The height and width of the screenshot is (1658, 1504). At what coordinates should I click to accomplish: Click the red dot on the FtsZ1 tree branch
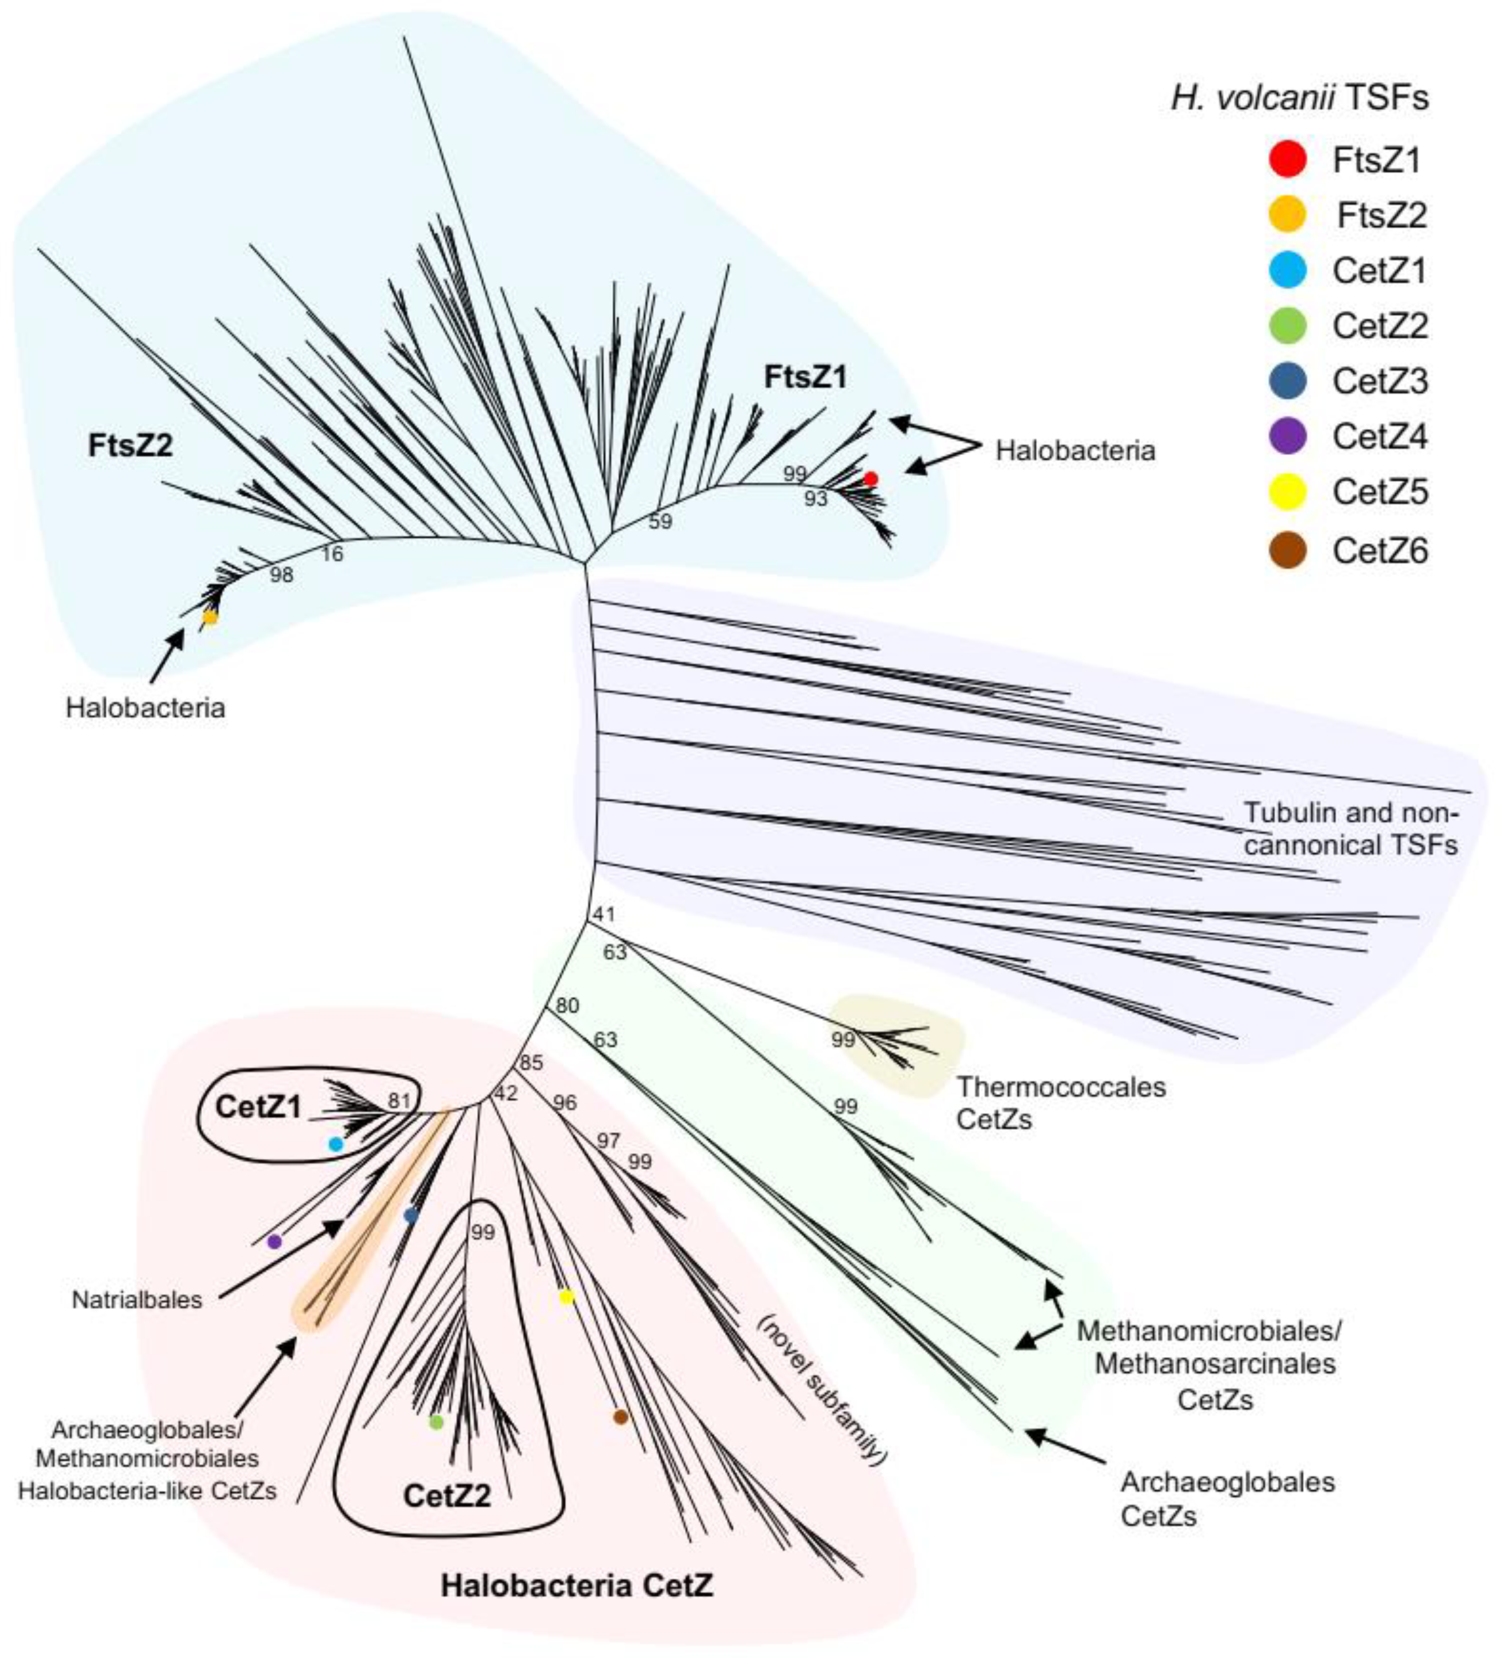[871, 478]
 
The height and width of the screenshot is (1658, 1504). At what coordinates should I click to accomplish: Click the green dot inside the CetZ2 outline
[437, 1422]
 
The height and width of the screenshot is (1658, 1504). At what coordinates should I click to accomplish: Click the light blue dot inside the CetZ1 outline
[335, 1144]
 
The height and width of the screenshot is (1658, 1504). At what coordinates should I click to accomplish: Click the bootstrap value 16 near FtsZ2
[332, 553]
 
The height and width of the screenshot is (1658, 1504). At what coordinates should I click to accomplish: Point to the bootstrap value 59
[660, 520]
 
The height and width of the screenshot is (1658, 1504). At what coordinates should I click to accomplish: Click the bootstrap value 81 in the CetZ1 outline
[399, 1101]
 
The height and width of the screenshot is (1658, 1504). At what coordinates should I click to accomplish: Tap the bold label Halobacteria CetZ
[577, 1584]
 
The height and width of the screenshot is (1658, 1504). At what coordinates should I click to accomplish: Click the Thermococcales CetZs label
[1061, 1103]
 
